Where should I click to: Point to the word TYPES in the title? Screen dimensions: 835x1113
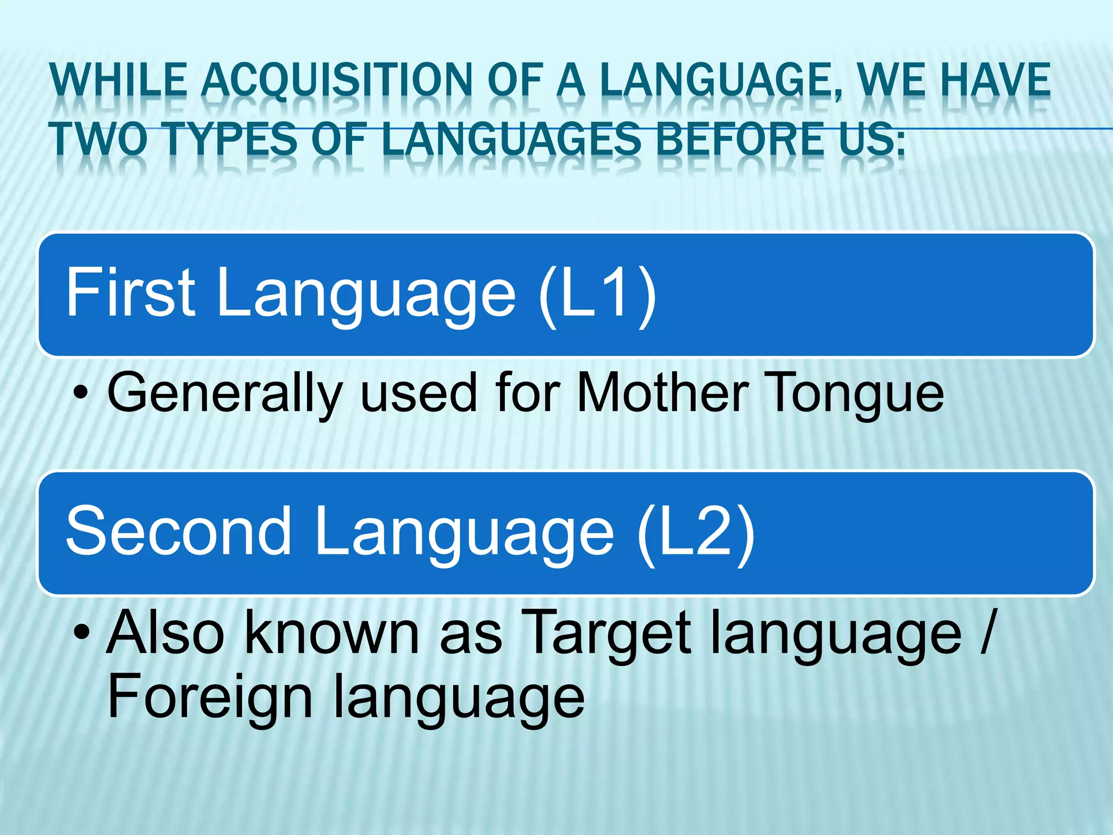pyautogui.click(x=231, y=138)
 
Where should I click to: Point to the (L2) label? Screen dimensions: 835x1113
pyautogui.click(x=696, y=532)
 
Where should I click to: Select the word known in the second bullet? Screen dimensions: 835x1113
pyautogui.click(x=332, y=632)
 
